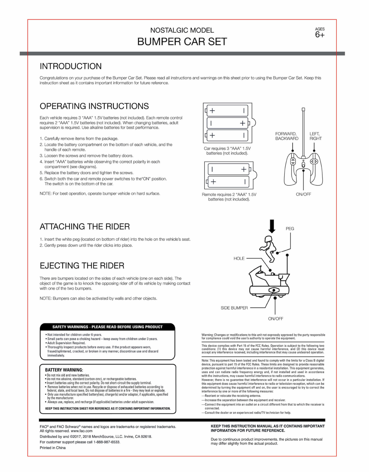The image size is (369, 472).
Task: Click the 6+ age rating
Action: coord(320,35)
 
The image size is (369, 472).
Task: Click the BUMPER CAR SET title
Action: coord(182,42)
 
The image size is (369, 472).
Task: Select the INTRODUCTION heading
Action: coord(71,66)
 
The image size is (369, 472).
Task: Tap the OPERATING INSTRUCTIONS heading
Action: coord(94,106)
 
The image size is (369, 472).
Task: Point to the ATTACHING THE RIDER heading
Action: coord(85,227)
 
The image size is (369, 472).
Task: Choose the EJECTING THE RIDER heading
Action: coord(82,266)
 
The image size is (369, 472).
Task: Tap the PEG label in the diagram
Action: coord(290,229)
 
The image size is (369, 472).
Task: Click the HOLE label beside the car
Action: coord(239,258)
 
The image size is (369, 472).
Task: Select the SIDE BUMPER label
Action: coord(234,308)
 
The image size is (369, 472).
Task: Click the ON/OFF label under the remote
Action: coord(303,194)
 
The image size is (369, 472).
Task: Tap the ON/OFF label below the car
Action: coord(275,319)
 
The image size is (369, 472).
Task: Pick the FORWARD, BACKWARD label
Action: coord(287,136)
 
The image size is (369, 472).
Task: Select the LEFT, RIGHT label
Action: coord(315,136)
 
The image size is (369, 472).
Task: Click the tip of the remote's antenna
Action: coord(303,109)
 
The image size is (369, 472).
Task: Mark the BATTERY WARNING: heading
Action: coord(64,370)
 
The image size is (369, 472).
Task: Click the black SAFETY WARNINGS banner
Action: coord(107,327)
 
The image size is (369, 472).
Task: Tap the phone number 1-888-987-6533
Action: coord(107,442)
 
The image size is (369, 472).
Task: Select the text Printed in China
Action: coord(53,448)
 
